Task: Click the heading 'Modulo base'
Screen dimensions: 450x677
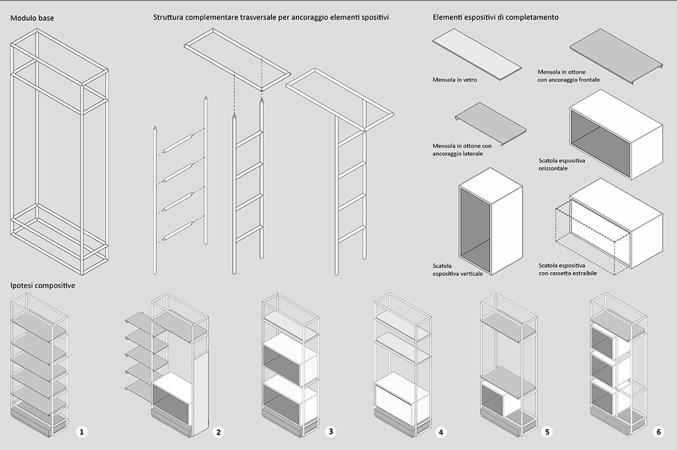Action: click(32, 18)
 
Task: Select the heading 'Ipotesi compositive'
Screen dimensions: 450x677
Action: click(42, 286)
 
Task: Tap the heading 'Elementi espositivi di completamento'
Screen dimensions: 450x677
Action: click(496, 18)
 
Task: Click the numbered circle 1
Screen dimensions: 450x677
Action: click(82, 431)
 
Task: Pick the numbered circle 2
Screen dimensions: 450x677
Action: click(219, 431)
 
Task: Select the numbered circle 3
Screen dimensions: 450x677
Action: click(330, 430)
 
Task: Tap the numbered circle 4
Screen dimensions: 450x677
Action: click(441, 431)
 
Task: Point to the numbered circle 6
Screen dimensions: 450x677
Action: click(658, 431)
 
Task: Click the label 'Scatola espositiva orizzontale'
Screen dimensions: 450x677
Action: click(563, 164)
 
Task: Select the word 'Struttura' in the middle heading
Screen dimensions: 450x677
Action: click(170, 18)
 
